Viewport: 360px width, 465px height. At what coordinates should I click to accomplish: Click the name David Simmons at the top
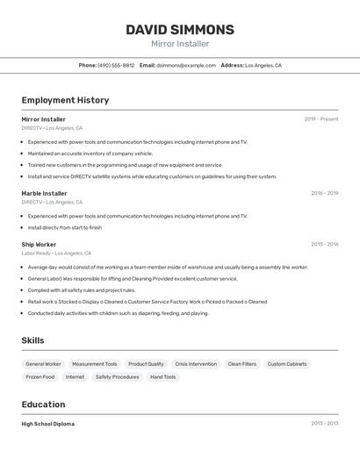tap(180, 30)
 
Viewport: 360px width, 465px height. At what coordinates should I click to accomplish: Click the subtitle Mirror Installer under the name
tap(180, 44)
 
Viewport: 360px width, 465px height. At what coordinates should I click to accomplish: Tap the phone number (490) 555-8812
tap(116, 65)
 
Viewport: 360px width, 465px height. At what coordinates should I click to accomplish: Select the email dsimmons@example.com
tap(186, 65)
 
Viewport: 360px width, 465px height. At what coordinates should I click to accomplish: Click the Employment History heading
tap(65, 100)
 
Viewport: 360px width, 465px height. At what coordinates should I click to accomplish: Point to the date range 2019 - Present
tap(320, 119)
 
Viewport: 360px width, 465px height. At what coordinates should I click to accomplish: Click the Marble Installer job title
tap(44, 193)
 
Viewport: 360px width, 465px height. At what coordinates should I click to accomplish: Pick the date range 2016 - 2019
tap(324, 193)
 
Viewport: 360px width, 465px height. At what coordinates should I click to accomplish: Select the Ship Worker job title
tap(39, 245)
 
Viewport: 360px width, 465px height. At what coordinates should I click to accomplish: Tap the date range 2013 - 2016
tap(324, 245)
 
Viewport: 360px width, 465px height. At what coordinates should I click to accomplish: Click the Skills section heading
tap(32, 340)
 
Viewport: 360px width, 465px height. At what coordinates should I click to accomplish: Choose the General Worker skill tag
tap(43, 364)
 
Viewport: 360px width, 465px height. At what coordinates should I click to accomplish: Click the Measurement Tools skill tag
tap(94, 364)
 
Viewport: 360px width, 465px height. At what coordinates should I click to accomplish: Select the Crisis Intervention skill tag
tap(196, 364)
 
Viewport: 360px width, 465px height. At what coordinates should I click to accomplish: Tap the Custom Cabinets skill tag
tap(287, 364)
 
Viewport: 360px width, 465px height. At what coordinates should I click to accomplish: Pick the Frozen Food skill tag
tap(40, 377)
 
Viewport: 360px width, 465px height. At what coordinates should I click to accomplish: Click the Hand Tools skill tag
tap(162, 377)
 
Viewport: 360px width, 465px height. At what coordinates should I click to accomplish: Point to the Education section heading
tap(43, 404)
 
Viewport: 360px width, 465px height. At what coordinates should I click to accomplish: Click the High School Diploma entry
tap(47, 424)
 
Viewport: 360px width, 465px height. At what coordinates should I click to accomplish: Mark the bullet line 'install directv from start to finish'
tap(64, 227)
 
